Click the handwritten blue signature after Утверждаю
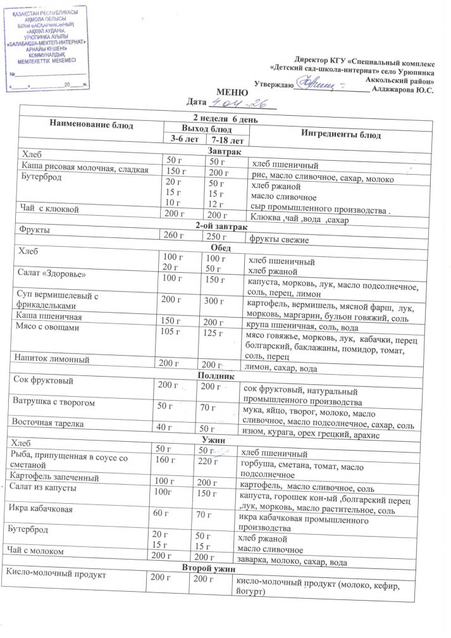click(323, 82)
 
